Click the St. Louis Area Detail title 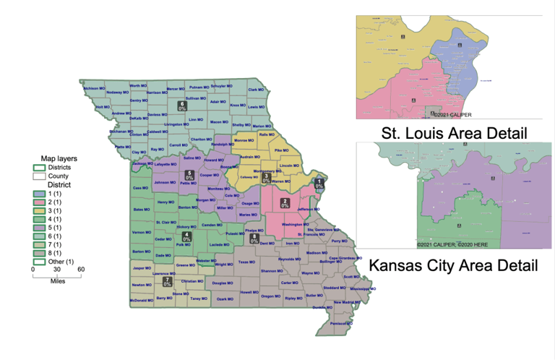453,133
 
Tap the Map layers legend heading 59,158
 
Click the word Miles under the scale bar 57,280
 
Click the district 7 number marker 167,281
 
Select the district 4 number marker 187,236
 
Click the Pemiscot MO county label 330,323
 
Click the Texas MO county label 246,262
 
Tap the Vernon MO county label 142,232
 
